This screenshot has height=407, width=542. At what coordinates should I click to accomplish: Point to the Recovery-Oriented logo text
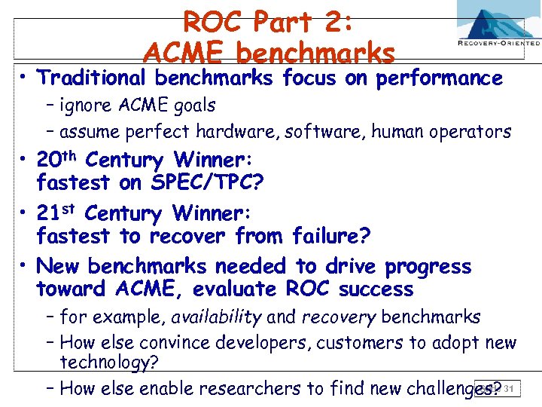coord(498,44)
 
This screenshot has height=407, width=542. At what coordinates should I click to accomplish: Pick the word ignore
coord(86,106)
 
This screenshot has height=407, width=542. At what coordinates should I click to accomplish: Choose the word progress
coord(428,267)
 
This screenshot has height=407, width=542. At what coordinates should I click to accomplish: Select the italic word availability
coord(217,317)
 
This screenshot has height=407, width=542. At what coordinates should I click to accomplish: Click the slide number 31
coord(510,389)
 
